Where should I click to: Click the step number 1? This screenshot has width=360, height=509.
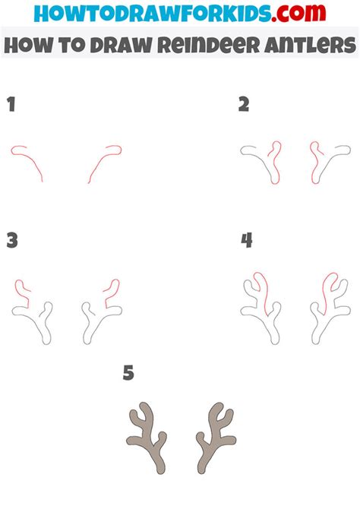click(11, 105)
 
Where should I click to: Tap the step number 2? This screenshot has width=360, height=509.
click(244, 105)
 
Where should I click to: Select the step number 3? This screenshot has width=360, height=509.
click(12, 241)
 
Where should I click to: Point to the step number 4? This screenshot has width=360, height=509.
click(247, 240)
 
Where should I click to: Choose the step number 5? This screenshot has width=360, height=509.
click(128, 373)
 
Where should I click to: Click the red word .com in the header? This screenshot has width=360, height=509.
click(298, 13)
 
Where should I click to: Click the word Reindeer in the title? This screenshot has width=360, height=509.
click(209, 45)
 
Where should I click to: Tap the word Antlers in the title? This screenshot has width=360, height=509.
click(310, 45)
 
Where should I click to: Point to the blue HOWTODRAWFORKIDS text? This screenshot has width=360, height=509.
click(152, 14)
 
